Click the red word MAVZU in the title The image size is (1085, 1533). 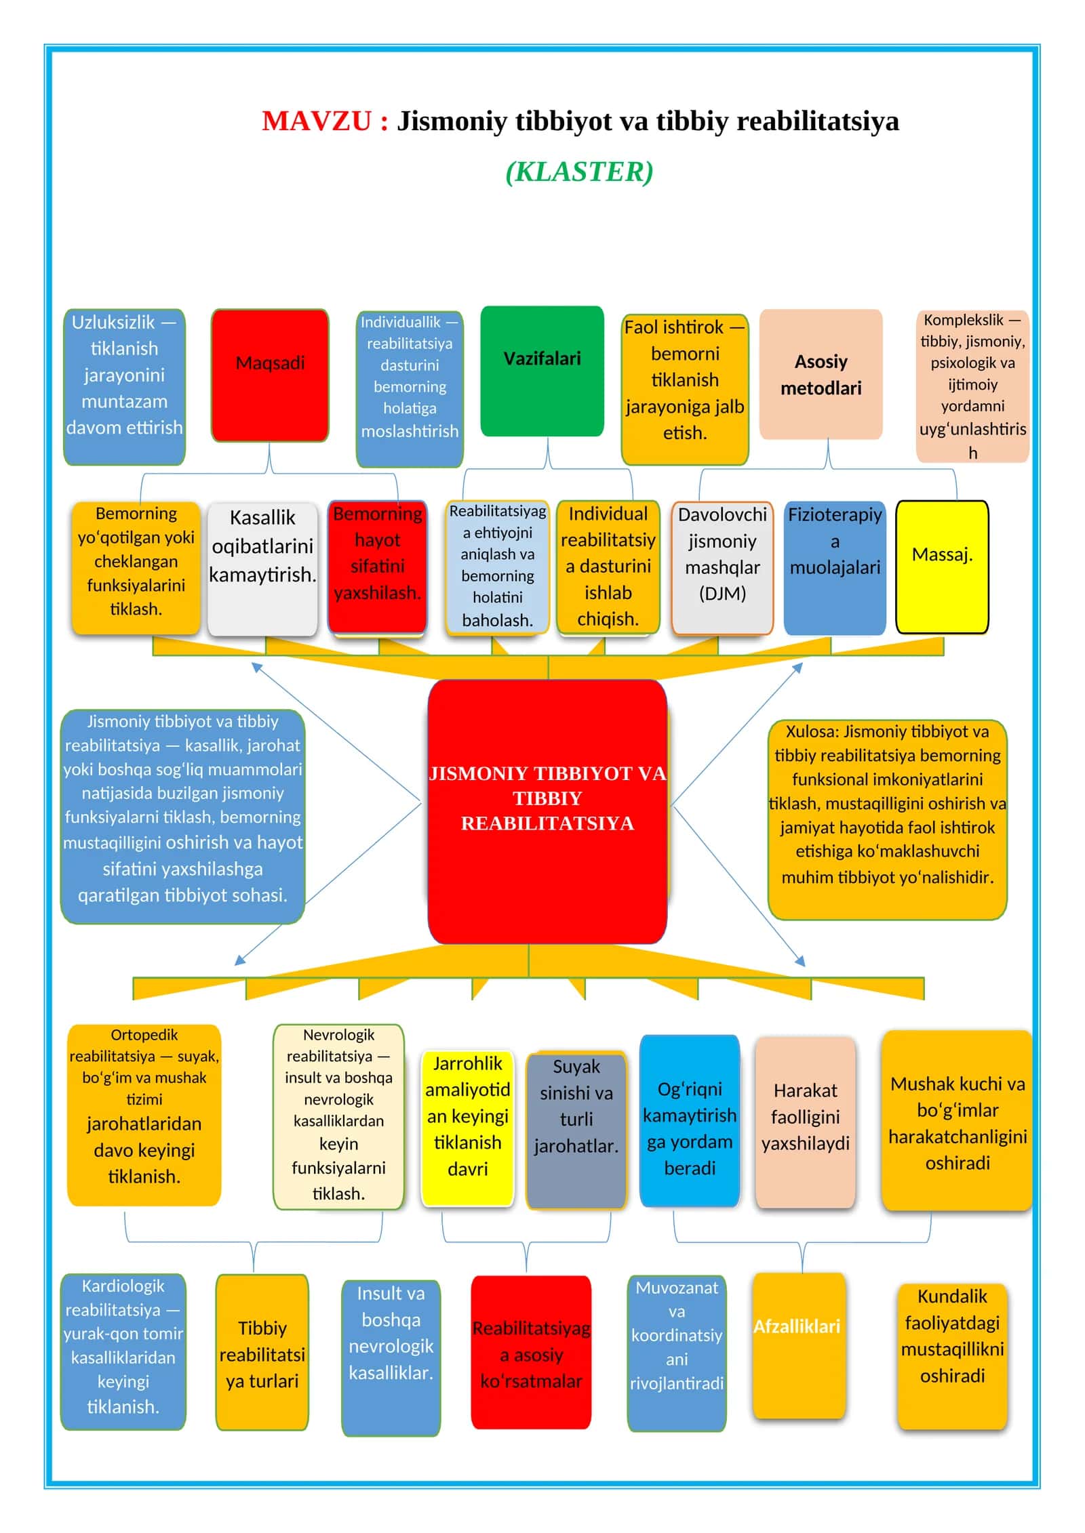click(316, 121)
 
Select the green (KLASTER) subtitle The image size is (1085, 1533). click(580, 171)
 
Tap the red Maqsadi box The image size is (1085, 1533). click(270, 375)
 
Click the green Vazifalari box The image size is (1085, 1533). click(542, 371)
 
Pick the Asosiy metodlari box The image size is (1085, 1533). click(821, 374)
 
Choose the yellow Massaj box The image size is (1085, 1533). click(942, 567)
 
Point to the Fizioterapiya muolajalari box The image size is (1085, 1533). click(835, 568)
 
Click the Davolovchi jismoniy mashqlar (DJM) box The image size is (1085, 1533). click(722, 568)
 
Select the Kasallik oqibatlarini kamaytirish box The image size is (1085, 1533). click(262, 569)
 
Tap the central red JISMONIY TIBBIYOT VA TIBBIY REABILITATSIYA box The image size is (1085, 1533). click(547, 811)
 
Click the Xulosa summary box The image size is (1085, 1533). click(887, 819)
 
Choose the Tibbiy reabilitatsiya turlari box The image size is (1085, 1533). click(262, 1353)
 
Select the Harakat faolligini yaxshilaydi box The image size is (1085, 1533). click(805, 1122)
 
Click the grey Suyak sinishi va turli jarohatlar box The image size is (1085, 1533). click(576, 1130)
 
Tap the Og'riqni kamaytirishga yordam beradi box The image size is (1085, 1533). click(689, 1121)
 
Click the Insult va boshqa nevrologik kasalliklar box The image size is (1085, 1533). click(391, 1358)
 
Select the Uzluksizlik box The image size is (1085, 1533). click(124, 387)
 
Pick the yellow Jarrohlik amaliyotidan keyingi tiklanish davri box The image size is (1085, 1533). click(467, 1128)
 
